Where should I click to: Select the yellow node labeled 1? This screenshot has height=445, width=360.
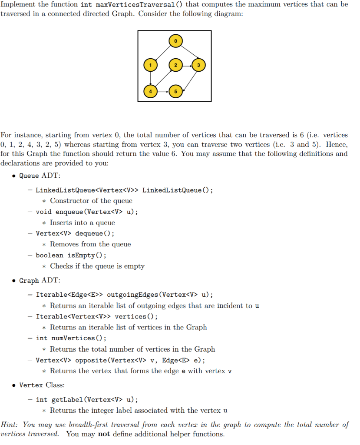[150, 65]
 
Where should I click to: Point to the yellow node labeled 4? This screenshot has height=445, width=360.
[150, 92]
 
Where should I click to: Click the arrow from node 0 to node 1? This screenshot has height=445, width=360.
[162, 53]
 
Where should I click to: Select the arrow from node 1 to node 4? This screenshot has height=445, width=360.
[150, 78]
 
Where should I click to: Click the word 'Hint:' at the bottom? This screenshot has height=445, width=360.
[11, 425]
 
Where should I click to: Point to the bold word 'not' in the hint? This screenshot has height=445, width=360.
[104, 434]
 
